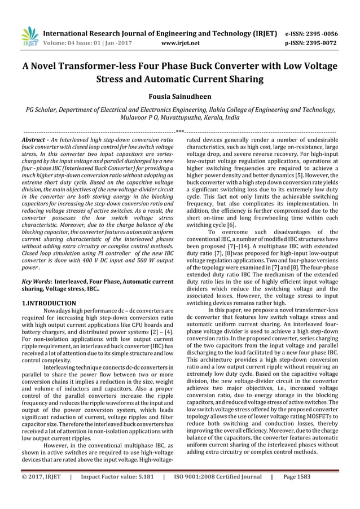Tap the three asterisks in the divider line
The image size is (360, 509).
point(180,131)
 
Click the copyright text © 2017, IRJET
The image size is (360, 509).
point(42,494)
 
